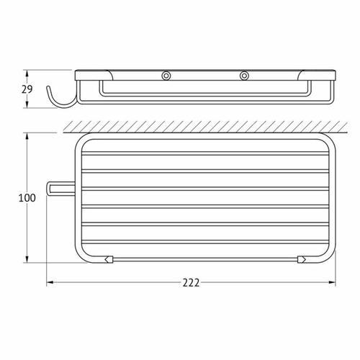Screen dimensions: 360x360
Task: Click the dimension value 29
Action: pos(27,89)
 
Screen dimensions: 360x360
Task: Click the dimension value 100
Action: pos(27,198)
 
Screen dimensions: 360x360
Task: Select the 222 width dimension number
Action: pos(191,283)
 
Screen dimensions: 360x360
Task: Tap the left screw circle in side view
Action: pos(166,76)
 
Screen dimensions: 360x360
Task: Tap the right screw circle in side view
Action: pos(244,76)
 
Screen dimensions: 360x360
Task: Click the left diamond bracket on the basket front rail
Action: pos(109,259)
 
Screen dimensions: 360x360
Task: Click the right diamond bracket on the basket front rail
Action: pos(302,259)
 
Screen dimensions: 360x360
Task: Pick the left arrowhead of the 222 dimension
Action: pos(50,283)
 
